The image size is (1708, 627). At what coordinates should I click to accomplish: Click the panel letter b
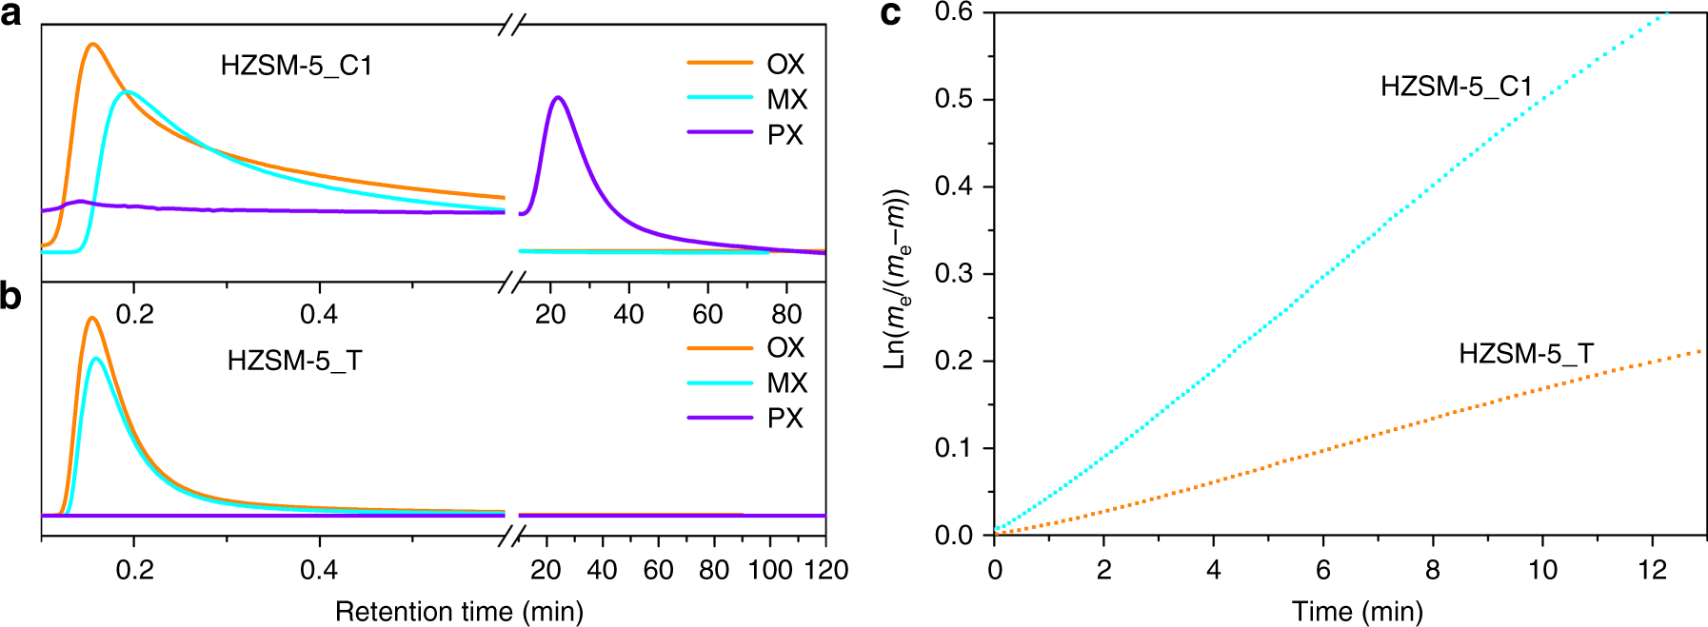point(11,296)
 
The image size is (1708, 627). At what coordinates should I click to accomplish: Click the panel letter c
point(890,13)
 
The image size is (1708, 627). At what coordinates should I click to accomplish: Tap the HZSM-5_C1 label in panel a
point(296,66)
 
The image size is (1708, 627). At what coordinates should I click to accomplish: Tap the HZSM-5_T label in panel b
point(294,361)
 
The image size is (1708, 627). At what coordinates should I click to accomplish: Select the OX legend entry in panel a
point(746,64)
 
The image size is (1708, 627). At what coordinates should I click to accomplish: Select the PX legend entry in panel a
point(746,134)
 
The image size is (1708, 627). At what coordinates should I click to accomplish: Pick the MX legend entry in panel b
point(746,382)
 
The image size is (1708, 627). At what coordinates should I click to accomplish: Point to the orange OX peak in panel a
point(92,44)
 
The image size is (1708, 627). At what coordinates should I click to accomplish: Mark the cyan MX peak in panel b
point(96,359)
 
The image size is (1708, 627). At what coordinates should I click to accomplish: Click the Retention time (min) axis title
point(459,611)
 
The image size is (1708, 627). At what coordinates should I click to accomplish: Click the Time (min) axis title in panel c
point(1357,611)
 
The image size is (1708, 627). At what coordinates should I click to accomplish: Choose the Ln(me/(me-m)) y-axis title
point(896,279)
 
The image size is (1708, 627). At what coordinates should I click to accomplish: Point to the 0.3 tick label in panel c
point(953,274)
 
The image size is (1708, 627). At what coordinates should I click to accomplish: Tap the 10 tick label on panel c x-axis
point(1542,570)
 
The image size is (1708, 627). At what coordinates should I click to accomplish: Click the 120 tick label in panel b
point(825,570)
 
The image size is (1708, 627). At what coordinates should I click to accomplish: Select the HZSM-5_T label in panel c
point(1525,354)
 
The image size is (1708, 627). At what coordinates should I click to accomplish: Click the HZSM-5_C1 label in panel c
point(1456,87)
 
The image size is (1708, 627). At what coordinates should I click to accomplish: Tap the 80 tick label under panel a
point(786,314)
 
